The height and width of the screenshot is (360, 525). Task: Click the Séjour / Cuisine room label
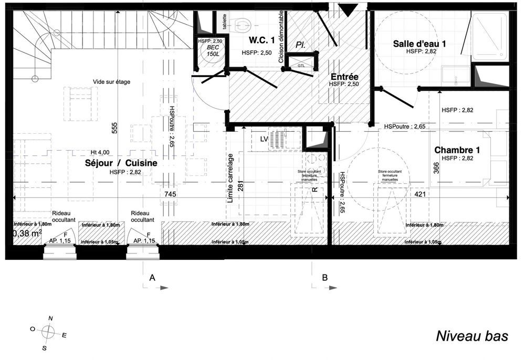tap(121, 164)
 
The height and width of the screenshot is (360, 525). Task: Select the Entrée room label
tap(344, 77)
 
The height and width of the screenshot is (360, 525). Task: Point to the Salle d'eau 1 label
tap(419, 44)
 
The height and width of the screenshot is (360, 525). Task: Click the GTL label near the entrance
tap(301, 66)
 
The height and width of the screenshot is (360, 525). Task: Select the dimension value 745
tap(170, 195)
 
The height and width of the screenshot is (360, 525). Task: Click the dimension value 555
tap(114, 129)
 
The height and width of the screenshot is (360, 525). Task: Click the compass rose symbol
tap(48, 332)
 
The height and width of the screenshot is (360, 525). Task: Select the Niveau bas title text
tap(472, 336)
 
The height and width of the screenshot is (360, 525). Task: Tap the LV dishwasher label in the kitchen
tap(265, 139)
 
